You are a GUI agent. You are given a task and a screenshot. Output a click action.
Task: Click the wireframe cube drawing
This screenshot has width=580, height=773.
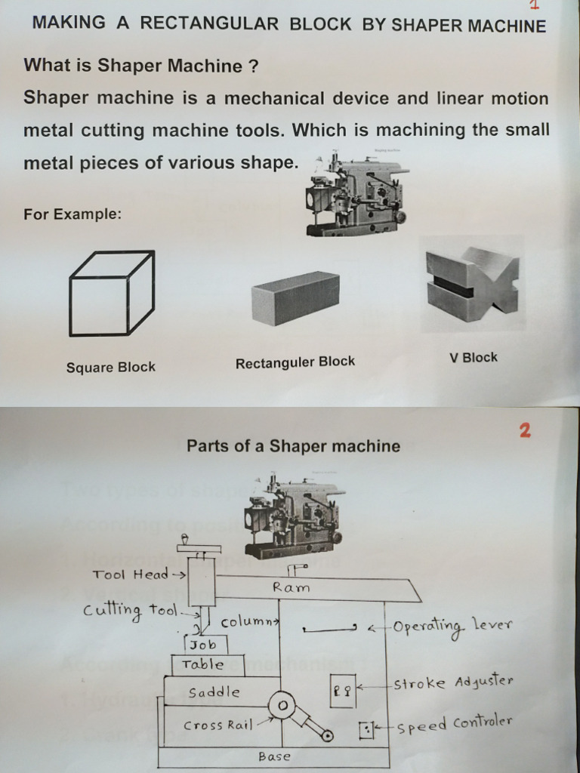pyautogui.click(x=111, y=294)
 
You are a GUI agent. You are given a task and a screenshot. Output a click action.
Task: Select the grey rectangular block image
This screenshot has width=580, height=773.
pyautogui.click(x=295, y=298)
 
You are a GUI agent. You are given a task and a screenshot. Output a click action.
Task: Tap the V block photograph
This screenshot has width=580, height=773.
pyautogui.click(x=472, y=283)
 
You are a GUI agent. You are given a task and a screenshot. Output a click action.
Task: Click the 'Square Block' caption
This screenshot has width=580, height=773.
pyautogui.click(x=110, y=368)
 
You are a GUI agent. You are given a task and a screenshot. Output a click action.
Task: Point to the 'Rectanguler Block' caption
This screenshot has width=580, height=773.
pyautogui.click(x=295, y=362)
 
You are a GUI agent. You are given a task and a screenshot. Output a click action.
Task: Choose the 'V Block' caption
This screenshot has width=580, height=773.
pyautogui.click(x=474, y=358)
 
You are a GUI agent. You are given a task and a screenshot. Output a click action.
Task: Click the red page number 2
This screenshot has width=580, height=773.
pyautogui.click(x=525, y=431)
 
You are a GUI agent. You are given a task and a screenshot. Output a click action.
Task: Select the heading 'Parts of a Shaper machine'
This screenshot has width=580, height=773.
pyautogui.click(x=293, y=446)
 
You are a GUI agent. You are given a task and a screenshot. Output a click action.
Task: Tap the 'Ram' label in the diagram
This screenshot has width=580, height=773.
pyautogui.click(x=292, y=587)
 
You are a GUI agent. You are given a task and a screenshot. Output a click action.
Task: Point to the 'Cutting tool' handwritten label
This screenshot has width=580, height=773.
pyautogui.click(x=130, y=612)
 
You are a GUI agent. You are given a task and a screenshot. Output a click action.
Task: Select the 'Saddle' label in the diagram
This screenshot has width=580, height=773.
pyautogui.click(x=214, y=692)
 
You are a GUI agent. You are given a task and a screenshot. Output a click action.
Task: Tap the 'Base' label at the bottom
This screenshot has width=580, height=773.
pyautogui.click(x=273, y=756)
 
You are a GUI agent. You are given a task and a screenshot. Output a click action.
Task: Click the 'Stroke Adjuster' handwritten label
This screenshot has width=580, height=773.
pyautogui.click(x=453, y=683)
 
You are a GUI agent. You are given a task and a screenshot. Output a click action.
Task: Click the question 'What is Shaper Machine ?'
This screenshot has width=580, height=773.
pyautogui.click(x=141, y=66)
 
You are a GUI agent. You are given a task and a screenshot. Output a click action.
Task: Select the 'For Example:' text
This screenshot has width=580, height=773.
pyautogui.click(x=72, y=214)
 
